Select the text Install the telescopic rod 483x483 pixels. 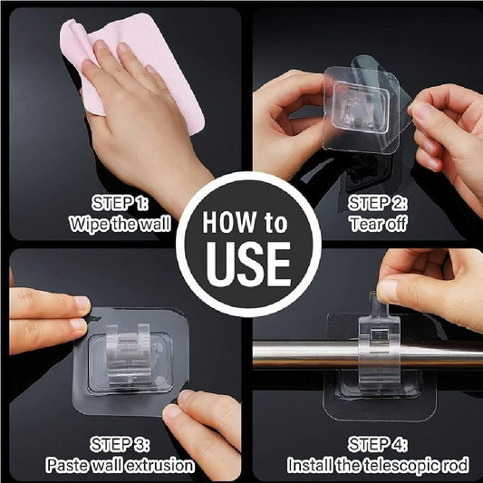click(x=378, y=466)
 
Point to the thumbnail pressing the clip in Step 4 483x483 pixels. click(x=388, y=290)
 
